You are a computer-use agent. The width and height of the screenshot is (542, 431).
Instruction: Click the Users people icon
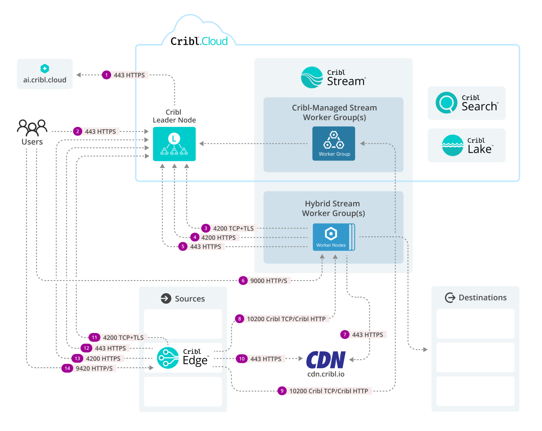pyautogui.click(x=32, y=127)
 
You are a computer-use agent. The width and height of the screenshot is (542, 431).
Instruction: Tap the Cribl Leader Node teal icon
pyautogui.click(x=174, y=144)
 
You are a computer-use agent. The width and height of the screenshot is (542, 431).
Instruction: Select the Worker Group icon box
pyautogui.click(x=334, y=143)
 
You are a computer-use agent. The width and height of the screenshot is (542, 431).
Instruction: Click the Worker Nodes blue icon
pyautogui.click(x=332, y=236)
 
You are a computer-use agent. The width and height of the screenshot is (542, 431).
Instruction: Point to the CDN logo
pyautogui.click(x=326, y=360)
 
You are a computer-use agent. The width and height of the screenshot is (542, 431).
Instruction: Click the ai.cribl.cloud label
pyautogui.click(x=45, y=80)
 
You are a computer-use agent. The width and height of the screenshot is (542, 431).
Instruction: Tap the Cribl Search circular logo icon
pyautogui.click(x=446, y=103)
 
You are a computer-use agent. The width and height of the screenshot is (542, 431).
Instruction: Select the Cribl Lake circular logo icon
pyautogui.click(x=452, y=145)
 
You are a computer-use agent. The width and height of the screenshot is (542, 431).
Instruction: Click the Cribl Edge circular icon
pyautogui.click(x=168, y=358)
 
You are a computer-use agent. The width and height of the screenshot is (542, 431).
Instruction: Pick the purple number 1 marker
pyautogui.click(x=106, y=75)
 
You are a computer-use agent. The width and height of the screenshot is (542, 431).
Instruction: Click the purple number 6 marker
pyautogui.click(x=243, y=281)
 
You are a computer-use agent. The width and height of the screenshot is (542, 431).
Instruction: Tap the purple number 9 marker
pyautogui.click(x=282, y=391)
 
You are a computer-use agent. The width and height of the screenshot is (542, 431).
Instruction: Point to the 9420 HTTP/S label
pyautogui.click(x=94, y=368)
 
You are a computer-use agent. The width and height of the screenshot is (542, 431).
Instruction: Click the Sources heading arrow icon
pyautogui.click(x=166, y=299)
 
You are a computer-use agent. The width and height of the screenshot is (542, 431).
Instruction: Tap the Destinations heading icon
pyautogui.click(x=449, y=298)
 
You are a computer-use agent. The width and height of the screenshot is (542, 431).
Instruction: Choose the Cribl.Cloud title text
pyautogui.click(x=199, y=42)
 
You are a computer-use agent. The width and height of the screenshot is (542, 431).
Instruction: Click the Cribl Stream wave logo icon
pyautogui.click(x=312, y=77)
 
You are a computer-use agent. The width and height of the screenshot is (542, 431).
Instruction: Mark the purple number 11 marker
pyautogui.click(x=94, y=337)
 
